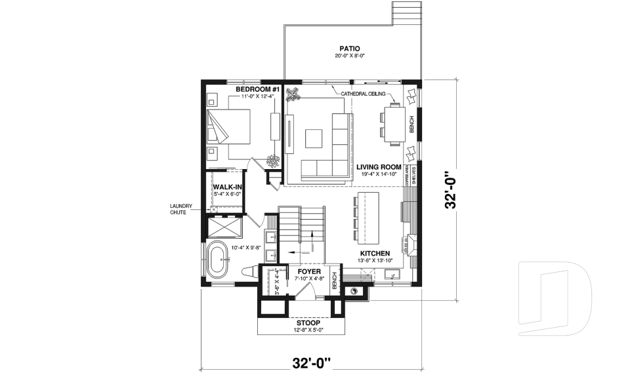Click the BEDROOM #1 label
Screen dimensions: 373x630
(x=240, y=88)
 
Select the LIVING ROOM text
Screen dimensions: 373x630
(x=379, y=167)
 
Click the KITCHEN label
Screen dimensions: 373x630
(x=375, y=253)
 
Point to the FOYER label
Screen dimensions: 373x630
(x=308, y=271)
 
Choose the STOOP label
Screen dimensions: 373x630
(x=308, y=323)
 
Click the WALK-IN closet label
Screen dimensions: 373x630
(x=228, y=187)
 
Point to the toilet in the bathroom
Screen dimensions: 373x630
(x=249, y=270)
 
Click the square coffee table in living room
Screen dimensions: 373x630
(x=313, y=138)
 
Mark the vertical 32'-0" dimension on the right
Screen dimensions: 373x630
(x=451, y=190)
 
